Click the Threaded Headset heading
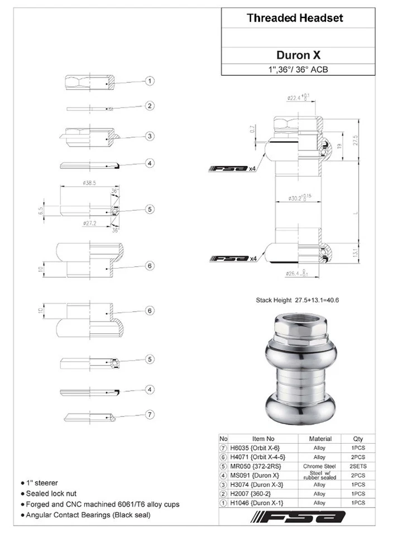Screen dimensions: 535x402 click(x=295, y=18)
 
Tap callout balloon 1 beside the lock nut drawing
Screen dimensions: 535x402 click(x=150, y=81)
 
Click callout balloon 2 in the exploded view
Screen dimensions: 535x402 click(x=150, y=106)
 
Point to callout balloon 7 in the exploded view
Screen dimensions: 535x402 click(x=150, y=414)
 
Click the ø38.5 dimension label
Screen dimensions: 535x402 click(x=89, y=182)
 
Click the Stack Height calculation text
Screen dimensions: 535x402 click(x=297, y=300)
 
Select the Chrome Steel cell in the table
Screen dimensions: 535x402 click(x=319, y=466)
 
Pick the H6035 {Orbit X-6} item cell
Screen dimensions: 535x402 click(x=256, y=448)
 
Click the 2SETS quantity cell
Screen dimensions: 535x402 click(x=358, y=466)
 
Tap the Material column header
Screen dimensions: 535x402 click(x=320, y=439)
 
